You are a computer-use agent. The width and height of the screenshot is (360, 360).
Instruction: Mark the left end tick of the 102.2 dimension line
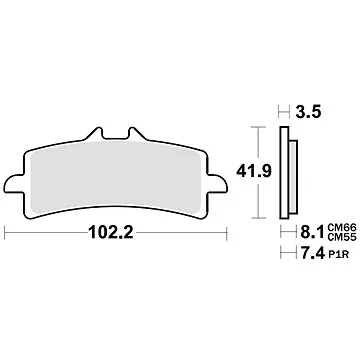coord(7,235)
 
